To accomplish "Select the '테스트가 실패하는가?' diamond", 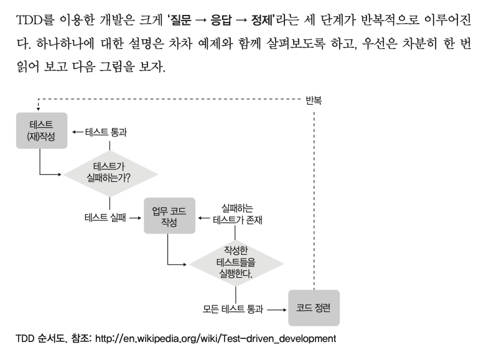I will pyautogui.click(x=111, y=172).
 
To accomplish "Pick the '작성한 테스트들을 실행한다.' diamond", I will pyautogui.click(x=235, y=262).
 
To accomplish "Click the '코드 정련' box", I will pyautogui.click(x=314, y=308).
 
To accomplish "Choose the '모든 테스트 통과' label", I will pyautogui.click(x=233, y=308).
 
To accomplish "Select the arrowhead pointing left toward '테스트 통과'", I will pyautogui.click(x=73, y=132).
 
